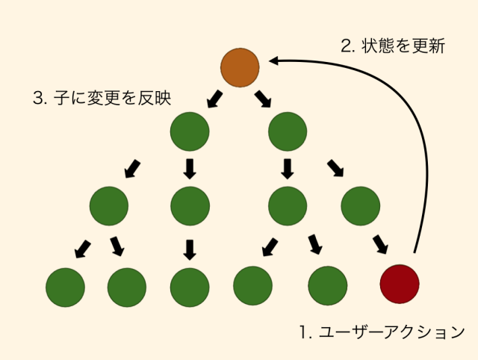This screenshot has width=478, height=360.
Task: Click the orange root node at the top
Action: click(240, 66)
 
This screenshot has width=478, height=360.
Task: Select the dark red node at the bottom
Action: click(400, 284)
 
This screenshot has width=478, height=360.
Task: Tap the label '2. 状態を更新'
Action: click(393, 46)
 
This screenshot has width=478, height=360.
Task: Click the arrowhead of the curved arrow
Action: click(274, 62)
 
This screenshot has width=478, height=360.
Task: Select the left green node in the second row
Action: click(190, 132)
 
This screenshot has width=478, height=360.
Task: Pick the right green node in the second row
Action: click(288, 132)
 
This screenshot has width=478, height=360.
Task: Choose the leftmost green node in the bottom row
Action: click(65, 285)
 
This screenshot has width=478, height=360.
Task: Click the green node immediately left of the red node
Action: click(328, 285)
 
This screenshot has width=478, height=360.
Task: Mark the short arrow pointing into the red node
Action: click(380, 243)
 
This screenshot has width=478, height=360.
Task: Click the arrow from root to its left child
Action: click(214, 98)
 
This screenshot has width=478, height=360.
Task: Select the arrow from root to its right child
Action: click(262, 98)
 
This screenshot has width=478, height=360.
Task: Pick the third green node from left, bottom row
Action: click(190, 285)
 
